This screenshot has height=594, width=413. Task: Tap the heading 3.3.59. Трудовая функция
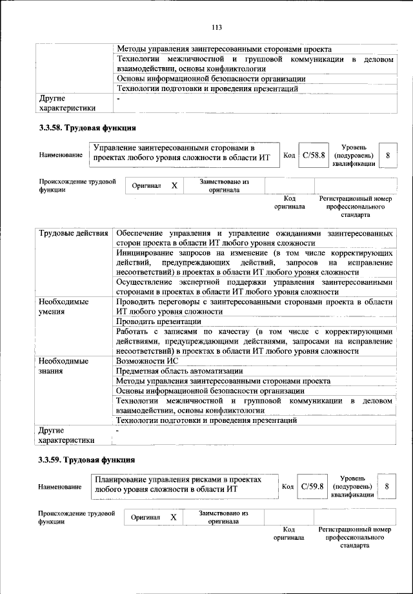(87, 460)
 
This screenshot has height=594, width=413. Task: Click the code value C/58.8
(316, 156)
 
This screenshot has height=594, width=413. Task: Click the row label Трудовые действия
(72, 232)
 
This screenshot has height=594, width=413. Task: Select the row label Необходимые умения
(63, 306)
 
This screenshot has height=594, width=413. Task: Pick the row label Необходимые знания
(63, 365)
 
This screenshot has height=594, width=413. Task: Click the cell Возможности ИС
(146, 361)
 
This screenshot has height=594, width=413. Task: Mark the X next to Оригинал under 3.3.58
(174, 186)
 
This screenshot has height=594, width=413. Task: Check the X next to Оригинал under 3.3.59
(173, 517)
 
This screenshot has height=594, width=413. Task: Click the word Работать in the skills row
(133, 331)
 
